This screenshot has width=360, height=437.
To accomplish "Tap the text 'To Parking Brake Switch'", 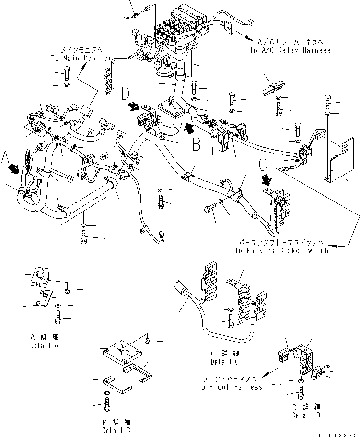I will pos(282,250).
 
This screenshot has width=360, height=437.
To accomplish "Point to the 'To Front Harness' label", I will pos(230,387).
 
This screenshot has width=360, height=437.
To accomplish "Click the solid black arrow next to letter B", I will pos(189,128).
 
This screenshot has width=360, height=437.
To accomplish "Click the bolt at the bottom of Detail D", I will pos(300,395).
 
